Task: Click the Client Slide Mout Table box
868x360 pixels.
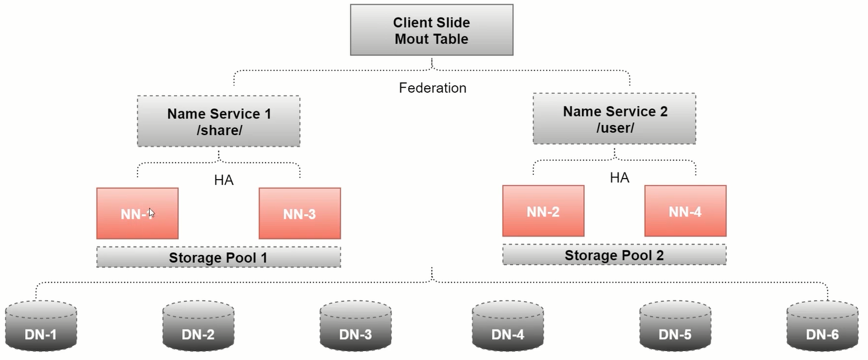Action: pos(432,31)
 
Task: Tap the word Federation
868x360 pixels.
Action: pos(433,88)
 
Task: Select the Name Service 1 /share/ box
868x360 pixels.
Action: pos(218,121)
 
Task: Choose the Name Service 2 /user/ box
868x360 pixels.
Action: pos(614,119)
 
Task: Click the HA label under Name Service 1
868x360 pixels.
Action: pos(224,180)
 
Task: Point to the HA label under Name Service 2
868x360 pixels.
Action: pos(620,178)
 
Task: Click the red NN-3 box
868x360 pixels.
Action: pos(300,214)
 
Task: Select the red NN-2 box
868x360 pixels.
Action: pos(543,211)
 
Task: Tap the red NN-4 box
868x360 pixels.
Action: pos(685,211)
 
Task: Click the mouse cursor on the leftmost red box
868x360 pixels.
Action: pos(152,213)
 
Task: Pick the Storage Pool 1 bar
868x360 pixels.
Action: pos(218,257)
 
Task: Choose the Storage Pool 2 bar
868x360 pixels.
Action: pos(614,255)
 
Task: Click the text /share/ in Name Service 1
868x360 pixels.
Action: pos(220,130)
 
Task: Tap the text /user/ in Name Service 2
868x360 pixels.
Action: pos(615,128)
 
